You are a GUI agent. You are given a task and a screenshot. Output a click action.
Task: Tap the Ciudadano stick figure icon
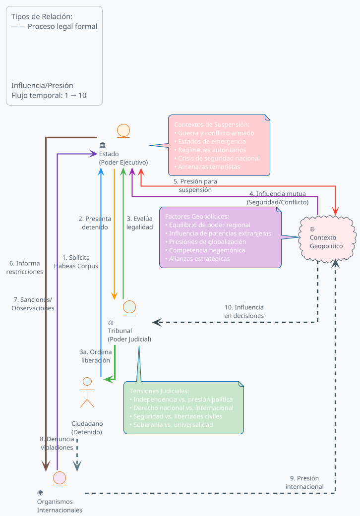point(87,392)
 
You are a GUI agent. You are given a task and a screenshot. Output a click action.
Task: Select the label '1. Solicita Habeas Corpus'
point(76,262)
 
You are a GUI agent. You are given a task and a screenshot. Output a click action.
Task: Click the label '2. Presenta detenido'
point(95,223)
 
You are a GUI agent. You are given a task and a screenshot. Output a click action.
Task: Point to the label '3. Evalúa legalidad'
point(139,223)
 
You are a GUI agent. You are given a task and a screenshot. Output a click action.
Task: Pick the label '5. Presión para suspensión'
point(195,185)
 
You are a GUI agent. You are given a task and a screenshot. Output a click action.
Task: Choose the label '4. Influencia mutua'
point(278,198)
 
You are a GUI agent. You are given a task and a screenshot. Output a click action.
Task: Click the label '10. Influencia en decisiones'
point(244,311)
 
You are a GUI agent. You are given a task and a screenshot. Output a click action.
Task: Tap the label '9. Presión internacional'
point(304,482)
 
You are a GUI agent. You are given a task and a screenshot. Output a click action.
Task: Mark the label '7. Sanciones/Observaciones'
point(33,304)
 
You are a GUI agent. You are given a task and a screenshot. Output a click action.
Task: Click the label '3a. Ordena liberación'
point(96,356)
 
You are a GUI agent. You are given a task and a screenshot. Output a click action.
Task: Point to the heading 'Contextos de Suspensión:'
point(212,124)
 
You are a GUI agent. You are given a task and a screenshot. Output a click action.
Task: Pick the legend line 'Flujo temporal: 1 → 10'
point(49,95)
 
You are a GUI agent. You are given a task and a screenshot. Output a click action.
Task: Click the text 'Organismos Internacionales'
point(60,506)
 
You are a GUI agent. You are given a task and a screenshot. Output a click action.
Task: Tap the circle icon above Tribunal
point(129,307)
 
